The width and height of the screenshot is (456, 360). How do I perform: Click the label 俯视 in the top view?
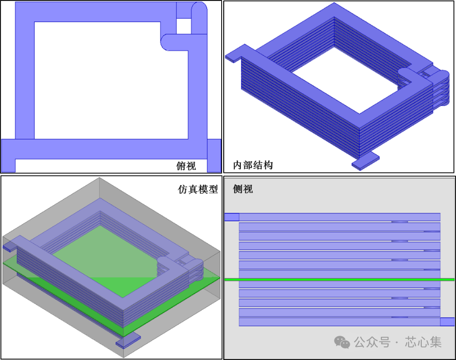click(x=186, y=165)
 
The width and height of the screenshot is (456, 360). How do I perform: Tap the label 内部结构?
click(x=253, y=165)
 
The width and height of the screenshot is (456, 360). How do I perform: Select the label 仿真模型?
click(x=198, y=189)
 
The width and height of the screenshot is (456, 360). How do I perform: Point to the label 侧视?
click(x=243, y=189)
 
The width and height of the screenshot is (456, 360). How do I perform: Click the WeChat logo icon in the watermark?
click(x=342, y=342)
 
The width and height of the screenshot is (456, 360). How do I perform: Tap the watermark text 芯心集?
click(x=423, y=342)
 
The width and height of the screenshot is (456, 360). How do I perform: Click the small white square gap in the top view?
click(x=184, y=26)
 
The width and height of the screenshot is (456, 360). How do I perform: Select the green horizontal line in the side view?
click(x=340, y=279)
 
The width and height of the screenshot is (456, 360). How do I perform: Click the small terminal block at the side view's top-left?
click(x=232, y=217)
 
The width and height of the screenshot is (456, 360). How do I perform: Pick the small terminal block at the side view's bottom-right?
click(x=447, y=322)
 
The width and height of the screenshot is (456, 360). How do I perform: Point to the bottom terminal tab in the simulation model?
click(x=128, y=340)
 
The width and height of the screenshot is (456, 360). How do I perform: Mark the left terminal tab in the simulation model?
click(x=9, y=248)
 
